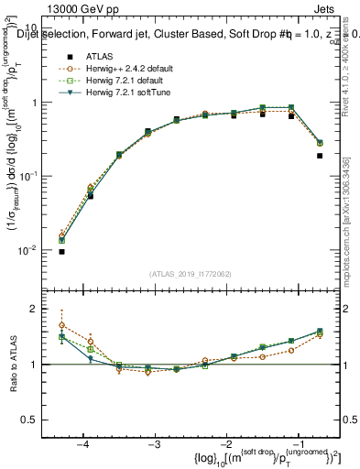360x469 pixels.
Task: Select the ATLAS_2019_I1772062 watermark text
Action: point(189,273)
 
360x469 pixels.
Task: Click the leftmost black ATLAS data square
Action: point(61,251)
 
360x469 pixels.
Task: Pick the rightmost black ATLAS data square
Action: point(320,156)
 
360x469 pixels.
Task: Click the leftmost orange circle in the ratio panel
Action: point(61,325)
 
